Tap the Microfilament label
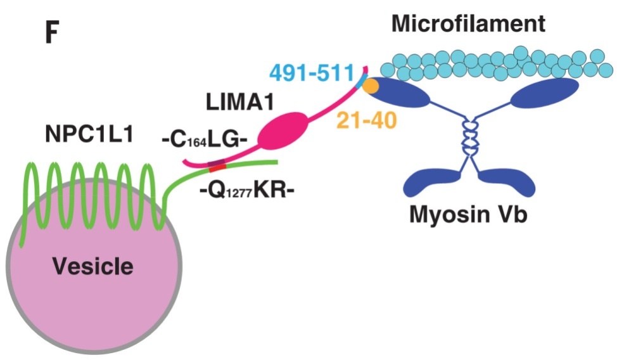click(x=468, y=24)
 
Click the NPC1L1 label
click(x=88, y=135)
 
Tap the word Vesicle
click(x=93, y=266)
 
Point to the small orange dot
click(x=371, y=85)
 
